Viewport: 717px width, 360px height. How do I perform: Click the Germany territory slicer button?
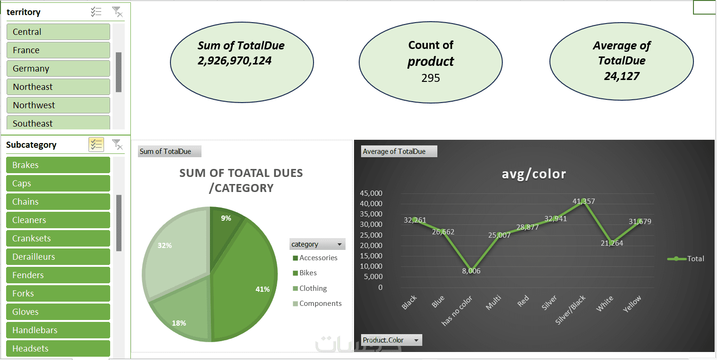[x=58, y=69]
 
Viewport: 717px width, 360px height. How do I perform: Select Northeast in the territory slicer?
[x=58, y=87]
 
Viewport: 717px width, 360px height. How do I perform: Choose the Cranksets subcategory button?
[x=58, y=239]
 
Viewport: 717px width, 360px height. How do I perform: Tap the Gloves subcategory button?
[x=58, y=312]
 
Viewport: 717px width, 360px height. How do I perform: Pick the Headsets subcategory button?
[x=58, y=349]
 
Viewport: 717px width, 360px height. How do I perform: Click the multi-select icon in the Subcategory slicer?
[x=96, y=144]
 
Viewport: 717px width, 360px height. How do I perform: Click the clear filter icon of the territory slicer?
[x=117, y=12]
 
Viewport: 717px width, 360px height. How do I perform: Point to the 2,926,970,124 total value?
[x=235, y=61]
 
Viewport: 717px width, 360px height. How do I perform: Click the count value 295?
[x=430, y=78]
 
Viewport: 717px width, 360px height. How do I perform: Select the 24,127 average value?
[x=621, y=76]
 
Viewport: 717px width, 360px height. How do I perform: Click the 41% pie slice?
[x=245, y=282]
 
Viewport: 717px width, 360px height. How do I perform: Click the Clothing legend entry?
[x=313, y=288]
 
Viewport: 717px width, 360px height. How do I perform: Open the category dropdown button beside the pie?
[x=339, y=244]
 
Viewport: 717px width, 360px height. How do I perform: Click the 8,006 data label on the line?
[x=471, y=271]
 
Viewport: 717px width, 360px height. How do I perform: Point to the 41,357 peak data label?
[x=584, y=201]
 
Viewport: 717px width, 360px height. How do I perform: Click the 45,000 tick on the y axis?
[x=371, y=193]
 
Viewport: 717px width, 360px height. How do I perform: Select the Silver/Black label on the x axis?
[x=571, y=310]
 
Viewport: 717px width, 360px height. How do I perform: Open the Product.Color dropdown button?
[x=416, y=340]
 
